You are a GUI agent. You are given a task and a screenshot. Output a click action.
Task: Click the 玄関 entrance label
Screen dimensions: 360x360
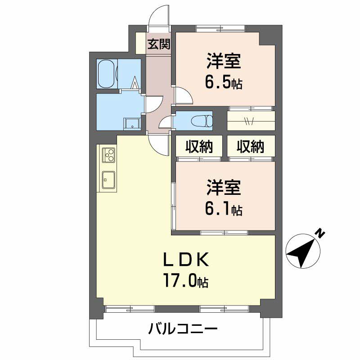click(x=159, y=44)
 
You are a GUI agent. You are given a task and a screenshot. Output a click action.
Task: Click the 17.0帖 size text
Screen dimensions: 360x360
click(x=186, y=281)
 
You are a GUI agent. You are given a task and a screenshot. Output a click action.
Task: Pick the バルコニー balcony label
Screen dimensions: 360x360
click(x=183, y=329)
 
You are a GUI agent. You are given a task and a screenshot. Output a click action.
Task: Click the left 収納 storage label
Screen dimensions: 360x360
click(x=198, y=147)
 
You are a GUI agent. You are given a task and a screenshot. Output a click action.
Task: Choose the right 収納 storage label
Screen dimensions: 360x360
click(x=251, y=147)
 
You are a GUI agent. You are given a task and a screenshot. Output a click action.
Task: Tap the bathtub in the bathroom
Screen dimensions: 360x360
click(x=107, y=73)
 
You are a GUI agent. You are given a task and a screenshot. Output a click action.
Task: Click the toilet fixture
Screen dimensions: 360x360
click(x=202, y=121)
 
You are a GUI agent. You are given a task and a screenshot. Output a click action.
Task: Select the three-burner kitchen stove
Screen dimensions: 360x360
click(x=108, y=155)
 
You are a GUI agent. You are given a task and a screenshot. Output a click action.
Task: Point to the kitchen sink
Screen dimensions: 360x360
click(x=108, y=180)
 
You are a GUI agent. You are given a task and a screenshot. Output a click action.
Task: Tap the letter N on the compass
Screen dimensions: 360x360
click(x=319, y=233)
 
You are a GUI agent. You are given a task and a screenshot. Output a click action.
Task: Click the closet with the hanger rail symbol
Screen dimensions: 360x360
click(x=251, y=120)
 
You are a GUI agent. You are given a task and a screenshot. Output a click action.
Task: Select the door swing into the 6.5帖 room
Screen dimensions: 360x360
click(x=183, y=95)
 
